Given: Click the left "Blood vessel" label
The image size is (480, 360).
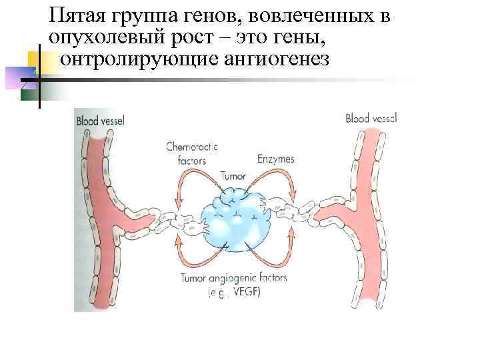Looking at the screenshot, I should (101, 121).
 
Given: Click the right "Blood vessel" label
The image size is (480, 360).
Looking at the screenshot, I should (371, 119).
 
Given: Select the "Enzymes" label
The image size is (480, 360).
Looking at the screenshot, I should (276, 159).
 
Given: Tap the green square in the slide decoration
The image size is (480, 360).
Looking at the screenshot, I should (29, 93).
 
